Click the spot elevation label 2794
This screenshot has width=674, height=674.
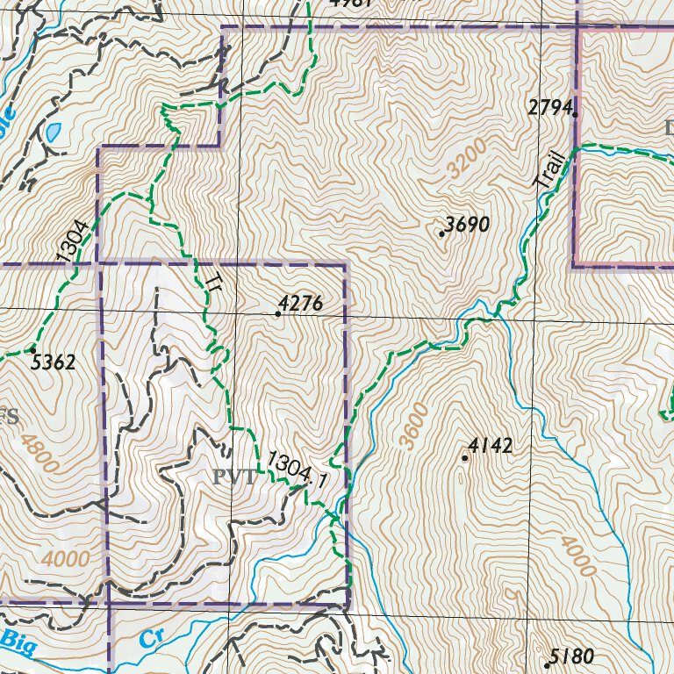[x=549, y=107]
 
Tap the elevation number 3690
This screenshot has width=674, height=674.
[x=467, y=225]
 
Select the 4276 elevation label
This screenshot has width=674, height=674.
[x=302, y=304]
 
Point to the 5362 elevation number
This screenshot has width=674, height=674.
[x=53, y=361]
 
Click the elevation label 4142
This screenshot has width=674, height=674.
[x=490, y=446]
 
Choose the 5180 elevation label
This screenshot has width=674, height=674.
[x=572, y=656]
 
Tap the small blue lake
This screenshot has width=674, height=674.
[x=54, y=133]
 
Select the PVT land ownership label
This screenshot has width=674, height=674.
[x=233, y=477]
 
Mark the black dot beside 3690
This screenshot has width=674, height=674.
[x=441, y=233]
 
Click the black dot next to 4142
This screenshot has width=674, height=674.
[x=464, y=457]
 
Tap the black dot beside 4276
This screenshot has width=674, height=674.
[x=277, y=313]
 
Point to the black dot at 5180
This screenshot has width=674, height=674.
[x=547, y=664]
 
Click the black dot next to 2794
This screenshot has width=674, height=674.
[x=575, y=113]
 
